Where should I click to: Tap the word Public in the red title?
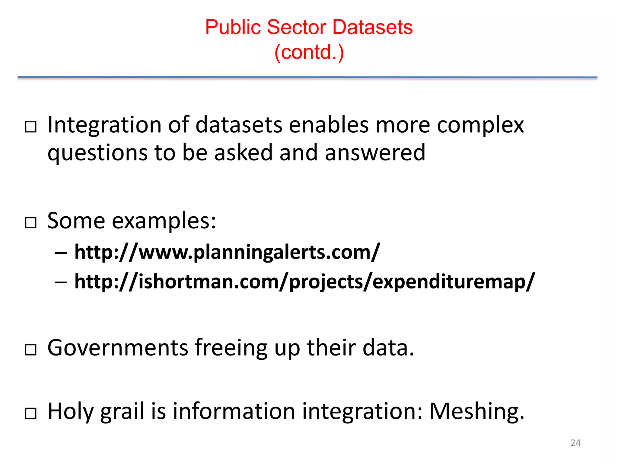233,27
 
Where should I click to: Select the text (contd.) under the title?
309,52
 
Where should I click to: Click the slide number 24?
575,443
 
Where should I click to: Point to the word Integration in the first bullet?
104,125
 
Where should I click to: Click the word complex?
480,125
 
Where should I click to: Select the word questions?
97,153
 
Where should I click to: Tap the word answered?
375,153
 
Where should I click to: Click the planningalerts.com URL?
227,252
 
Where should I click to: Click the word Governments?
118,348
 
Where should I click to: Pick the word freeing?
231,348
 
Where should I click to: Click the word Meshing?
476,411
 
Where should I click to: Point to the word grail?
122,411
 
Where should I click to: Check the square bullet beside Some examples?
31,223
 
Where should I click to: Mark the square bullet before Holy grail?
31,413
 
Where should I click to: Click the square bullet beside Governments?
31,350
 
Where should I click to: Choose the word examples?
164,221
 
